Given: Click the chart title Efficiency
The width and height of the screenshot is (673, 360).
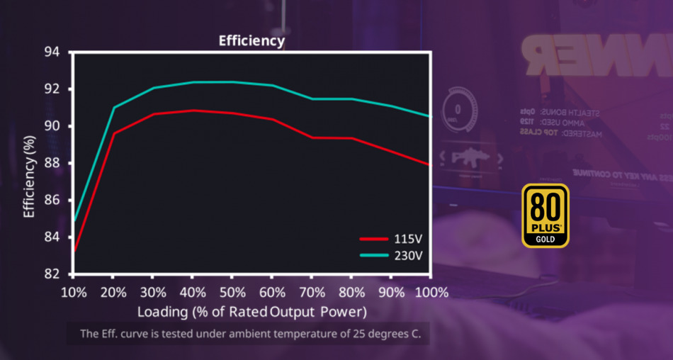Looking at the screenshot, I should (x=251, y=40).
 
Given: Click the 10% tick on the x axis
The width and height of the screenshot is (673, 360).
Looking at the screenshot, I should (x=74, y=292).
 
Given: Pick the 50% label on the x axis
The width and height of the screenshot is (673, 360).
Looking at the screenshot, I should (x=232, y=292).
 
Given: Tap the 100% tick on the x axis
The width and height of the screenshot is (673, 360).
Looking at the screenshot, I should (x=431, y=292).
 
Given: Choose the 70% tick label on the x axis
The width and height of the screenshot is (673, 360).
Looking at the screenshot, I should (x=312, y=292).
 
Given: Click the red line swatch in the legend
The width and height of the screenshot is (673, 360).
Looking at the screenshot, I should (x=374, y=240).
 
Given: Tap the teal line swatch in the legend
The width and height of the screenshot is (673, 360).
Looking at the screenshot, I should (x=374, y=255).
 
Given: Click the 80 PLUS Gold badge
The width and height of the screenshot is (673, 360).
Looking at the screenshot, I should (x=545, y=216).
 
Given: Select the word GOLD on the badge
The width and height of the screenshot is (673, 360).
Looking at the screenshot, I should (x=545, y=240).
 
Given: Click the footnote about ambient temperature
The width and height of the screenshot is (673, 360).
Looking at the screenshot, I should (x=250, y=333).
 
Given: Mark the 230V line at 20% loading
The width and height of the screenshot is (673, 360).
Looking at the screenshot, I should (x=113, y=108).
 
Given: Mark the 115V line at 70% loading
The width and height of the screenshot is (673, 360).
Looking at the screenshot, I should (x=312, y=137).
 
